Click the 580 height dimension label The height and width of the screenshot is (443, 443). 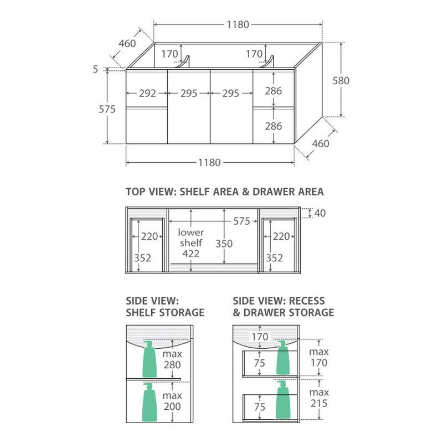341,81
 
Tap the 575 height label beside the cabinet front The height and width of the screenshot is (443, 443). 107,109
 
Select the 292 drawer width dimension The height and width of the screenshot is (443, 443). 147,93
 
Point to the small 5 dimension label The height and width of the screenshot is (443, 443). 95,69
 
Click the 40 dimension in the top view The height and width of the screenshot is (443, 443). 320,213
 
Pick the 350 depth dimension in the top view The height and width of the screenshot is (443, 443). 224,244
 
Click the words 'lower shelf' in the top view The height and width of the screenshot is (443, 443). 191,238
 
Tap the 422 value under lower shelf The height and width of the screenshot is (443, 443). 190,254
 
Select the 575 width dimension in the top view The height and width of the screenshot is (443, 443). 241,221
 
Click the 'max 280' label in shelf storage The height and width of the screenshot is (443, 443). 172,359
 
